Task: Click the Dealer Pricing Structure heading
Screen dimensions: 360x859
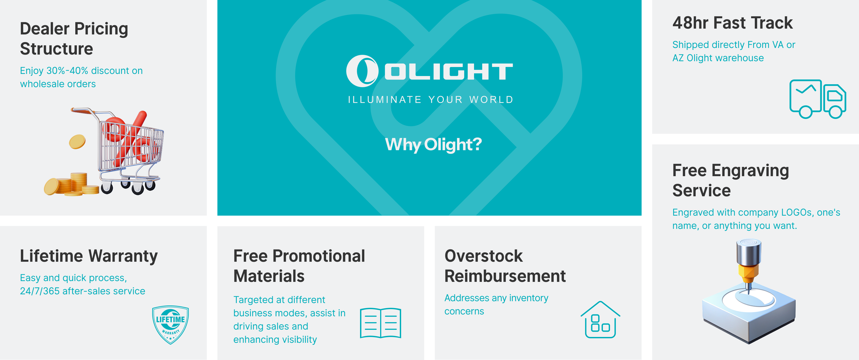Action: click(74, 38)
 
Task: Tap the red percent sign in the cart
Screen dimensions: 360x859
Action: click(128, 138)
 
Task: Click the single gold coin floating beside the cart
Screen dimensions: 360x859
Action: click(77, 141)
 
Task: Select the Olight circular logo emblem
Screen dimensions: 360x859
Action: click(362, 71)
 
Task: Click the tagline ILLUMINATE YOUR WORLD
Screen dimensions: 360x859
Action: click(431, 100)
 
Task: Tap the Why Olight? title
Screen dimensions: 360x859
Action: click(433, 145)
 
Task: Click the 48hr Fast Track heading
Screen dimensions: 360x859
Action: click(732, 23)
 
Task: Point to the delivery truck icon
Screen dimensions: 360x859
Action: click(817, 99)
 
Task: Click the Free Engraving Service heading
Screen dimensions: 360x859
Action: click(730, 180)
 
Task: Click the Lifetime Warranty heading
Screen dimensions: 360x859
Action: click(89, 256)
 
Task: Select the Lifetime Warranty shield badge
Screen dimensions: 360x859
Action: click(170, 324)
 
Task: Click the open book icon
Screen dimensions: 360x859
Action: click(380, 323)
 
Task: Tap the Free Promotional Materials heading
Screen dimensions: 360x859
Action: click(299, 266)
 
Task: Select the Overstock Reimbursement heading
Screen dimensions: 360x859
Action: click(505, 266)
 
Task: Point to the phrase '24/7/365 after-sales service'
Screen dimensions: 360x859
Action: click(82, 291)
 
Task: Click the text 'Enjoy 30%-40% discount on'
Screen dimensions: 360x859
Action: click(81, 71)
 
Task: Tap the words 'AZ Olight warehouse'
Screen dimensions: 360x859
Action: click(718, 58)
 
